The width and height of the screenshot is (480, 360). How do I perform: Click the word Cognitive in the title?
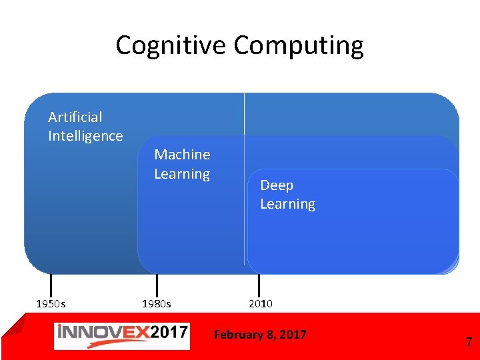pyautogui.click(x=171, y=45)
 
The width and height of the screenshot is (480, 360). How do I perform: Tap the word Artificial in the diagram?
pyautogui.click(x=75, y=117)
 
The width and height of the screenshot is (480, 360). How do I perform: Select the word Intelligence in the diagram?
pyautogui.click(x=85, y=136)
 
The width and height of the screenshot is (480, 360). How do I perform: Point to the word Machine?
pyautogui.click(x=182, y=155)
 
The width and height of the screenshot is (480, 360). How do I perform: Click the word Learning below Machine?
pyautogui.click(x=182, y=174)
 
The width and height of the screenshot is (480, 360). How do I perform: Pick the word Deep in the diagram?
pyautogui.click(x=277, y=185)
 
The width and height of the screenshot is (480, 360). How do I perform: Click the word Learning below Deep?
pyautogui.click(x=287, y=204)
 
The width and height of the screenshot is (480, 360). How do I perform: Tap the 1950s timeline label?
pyautogui.click(x=51, y=304)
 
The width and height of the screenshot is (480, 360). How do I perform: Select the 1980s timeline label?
pyautogui.click(x=157, y=304)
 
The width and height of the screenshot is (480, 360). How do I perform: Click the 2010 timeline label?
pyautogui.click(x=261, y=304)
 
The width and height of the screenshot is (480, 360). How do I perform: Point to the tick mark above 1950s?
pyautogui.click(x=51, y=283)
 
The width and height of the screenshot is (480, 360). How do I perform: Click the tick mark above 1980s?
pyautogui.click(x=157, y=283)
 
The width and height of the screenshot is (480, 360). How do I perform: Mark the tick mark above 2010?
pyautogui.click(x=259, y=283)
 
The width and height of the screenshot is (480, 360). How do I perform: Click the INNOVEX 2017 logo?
pyautogui.click(x=121, y=335)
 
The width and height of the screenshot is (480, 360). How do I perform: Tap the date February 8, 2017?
pyautogui.click(x=260, y=335)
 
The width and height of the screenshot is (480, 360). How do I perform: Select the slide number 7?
pyautogui.click(x=469, y=343)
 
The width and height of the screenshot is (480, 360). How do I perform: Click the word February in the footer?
pyautogui.click(x=239, y=335)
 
